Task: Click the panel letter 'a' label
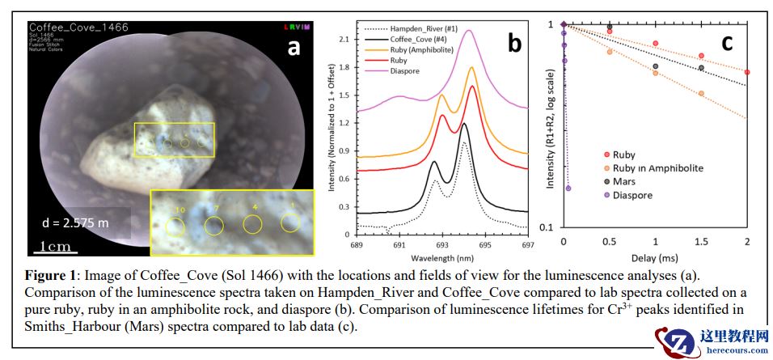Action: (293, 48)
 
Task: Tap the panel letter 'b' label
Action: (514, 43)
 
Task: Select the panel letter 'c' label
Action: (727, 42)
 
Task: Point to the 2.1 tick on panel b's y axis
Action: (344, 39)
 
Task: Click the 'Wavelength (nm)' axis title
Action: (441, 257)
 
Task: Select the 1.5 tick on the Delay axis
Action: (701, 243)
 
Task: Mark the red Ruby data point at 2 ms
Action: (747, 72)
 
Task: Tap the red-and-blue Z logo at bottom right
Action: (675, 342)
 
